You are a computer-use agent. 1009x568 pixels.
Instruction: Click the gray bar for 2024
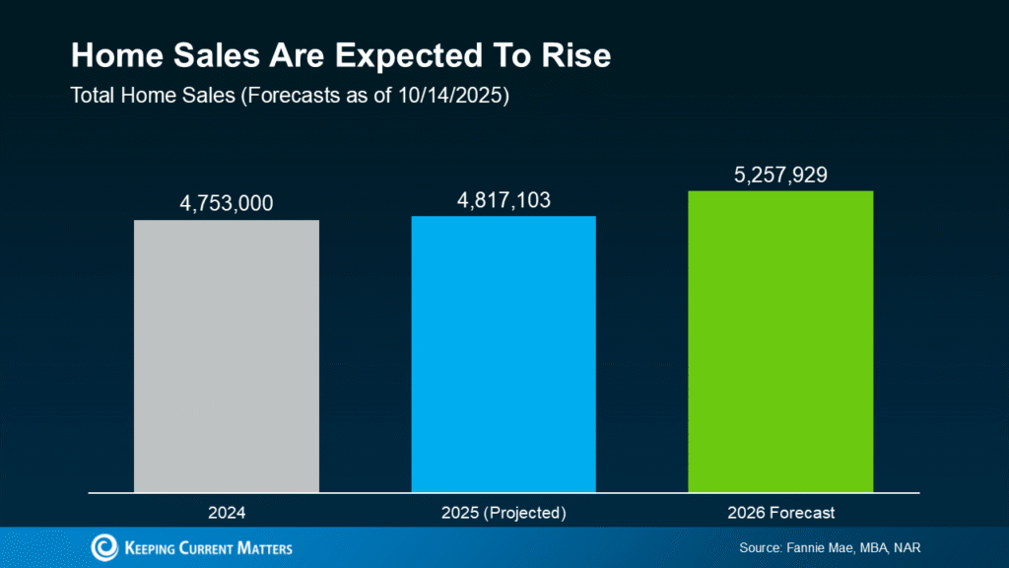click(227, 355)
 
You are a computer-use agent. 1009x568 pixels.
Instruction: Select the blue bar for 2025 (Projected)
click(504, 353)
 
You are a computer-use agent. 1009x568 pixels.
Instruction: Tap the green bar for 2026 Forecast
click(780, 340)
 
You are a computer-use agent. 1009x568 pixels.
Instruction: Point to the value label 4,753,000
click(227, 204)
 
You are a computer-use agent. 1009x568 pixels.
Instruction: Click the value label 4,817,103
click(504, 200)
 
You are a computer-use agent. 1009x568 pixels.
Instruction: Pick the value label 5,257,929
click(780, 175)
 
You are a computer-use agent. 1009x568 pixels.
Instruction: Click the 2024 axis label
click(227, 513)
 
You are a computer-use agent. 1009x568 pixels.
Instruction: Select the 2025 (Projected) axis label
click(504, 513)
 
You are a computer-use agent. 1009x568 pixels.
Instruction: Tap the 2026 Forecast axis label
click(780, 513)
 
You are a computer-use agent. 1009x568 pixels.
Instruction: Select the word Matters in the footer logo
click(262, 547)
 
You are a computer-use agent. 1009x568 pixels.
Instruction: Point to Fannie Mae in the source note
click(825, 547)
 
